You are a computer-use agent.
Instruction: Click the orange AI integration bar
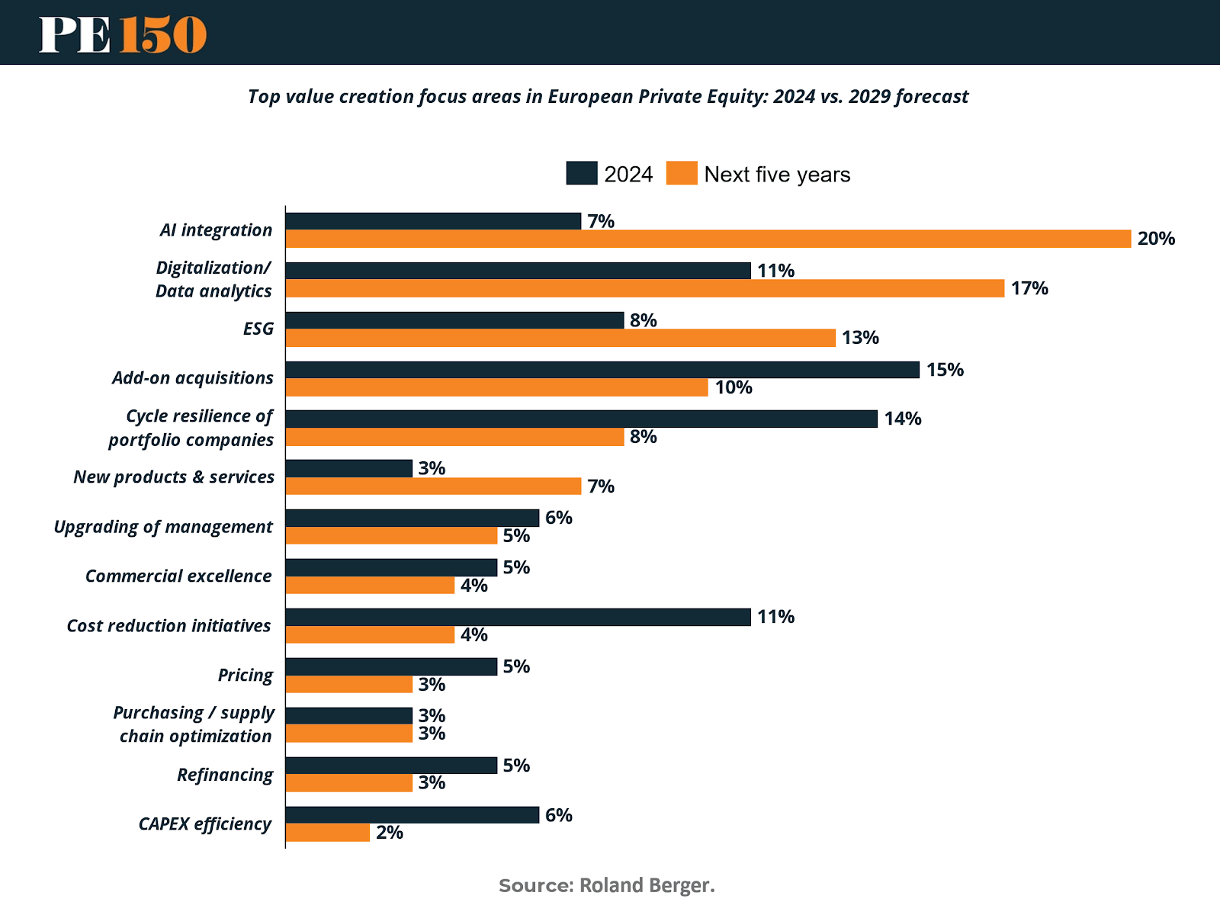[708, 239]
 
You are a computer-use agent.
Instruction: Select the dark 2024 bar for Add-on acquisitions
[602, 370]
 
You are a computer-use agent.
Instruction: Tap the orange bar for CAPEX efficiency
[328, 833]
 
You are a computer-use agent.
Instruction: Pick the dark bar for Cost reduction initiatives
[518, 617]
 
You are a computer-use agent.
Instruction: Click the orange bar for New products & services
[433, 486]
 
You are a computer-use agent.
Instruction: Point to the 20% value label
[1156, 239]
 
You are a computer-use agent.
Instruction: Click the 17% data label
[1029, 288]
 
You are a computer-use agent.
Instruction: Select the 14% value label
[903, 419]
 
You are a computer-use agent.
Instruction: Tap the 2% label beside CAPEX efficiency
[390, 833]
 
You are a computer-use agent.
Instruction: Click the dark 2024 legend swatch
[581, 173]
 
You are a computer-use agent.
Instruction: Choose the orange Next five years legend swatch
[682, 173]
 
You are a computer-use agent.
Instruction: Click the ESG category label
[258, 329]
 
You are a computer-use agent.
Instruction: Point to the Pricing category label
[246, 676]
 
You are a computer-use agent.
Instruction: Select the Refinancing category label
[225, 775]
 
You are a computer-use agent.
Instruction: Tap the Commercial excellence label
[178, 576]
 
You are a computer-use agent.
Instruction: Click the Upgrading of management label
[163, 527]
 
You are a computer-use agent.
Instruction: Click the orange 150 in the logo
[163, 34]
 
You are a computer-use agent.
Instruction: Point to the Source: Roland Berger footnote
[607, 885]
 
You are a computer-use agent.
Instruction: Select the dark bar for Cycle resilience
[581, 419]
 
